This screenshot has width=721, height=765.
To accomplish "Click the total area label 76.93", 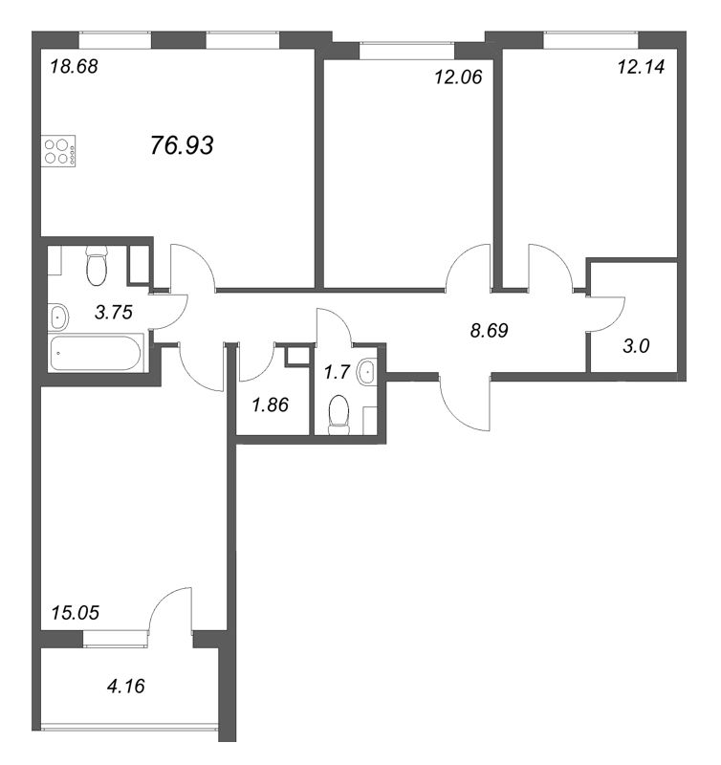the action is point(182,145).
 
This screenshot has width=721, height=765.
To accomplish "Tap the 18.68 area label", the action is point(75,66).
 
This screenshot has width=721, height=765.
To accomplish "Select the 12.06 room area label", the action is point(458,76).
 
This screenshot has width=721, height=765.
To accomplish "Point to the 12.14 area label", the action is point(641,66).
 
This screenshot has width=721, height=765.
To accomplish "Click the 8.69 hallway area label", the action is point(489,330).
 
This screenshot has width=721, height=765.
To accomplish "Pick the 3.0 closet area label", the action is point(636,346).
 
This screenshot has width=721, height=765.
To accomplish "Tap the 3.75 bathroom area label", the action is point(114,312).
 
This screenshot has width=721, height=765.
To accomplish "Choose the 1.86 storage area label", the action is point(271,404).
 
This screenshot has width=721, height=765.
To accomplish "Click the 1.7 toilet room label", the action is point(338,372).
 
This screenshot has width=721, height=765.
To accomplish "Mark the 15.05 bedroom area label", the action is point(76,612).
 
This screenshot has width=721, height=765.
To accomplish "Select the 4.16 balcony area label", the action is point(126,686).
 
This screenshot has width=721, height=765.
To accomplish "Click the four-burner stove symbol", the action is point(58,151).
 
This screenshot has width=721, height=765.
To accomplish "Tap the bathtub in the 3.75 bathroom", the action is point(96,353).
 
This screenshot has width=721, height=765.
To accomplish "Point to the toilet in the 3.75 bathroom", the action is point(96,266).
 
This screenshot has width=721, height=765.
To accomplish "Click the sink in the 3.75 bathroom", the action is point(58,317).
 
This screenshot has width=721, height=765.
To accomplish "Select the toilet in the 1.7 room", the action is point(339,415).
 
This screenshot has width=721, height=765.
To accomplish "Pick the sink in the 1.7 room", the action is point(366,372).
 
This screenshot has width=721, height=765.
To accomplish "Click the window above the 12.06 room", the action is point(406,51).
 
